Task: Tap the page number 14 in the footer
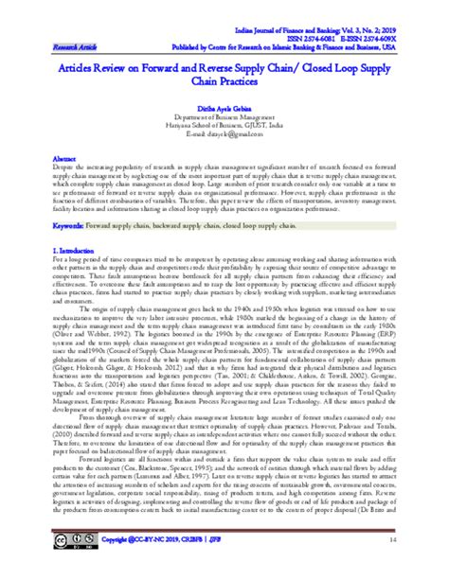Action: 417,565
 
